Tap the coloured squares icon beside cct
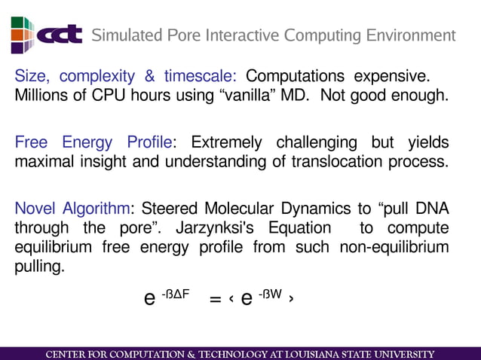(x=22, y=35)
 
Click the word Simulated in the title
(x=124, y=35)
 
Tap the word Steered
(x=167, y=209)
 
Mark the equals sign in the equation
(x=215, y=299)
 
